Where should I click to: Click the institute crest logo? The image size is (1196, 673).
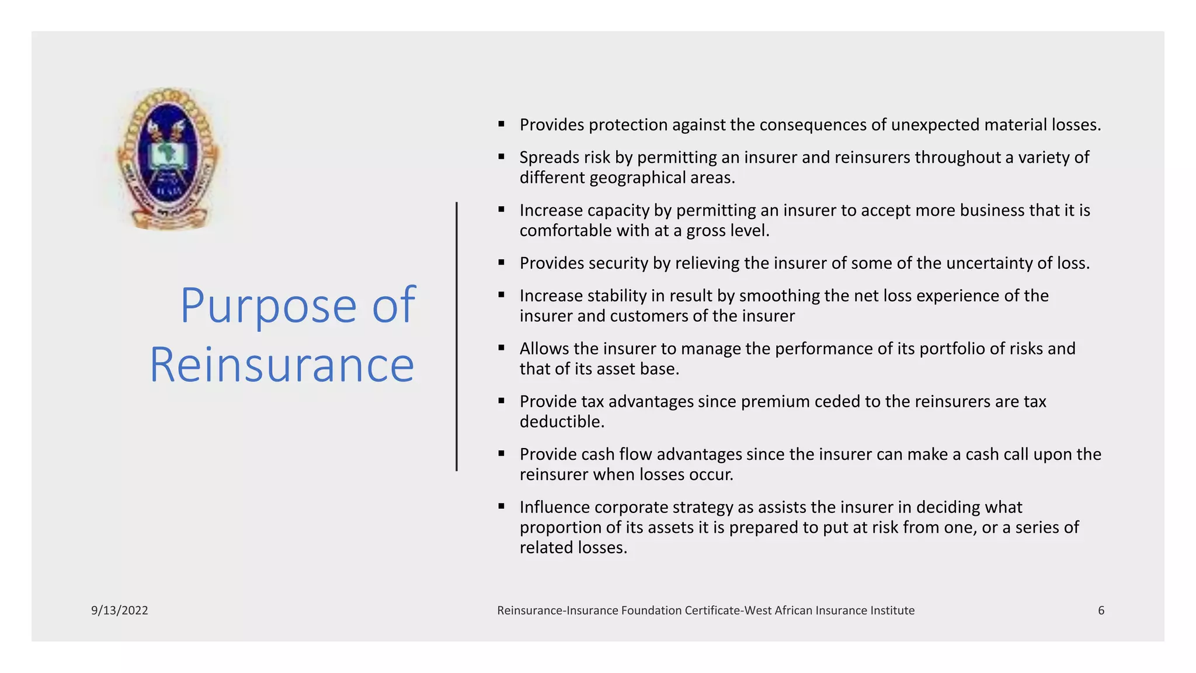[168, 159]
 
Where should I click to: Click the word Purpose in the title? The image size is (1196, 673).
[268, 305]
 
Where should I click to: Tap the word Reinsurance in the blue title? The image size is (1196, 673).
[282, 365]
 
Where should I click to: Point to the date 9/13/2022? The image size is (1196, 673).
[120, 610]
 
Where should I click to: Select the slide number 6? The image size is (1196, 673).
[1101, 610]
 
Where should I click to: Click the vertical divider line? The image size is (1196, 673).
[457, 336]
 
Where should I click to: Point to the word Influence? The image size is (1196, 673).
[554, 507]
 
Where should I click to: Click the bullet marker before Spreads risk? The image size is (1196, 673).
[501, 157]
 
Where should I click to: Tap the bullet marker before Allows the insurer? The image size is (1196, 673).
[501, 348]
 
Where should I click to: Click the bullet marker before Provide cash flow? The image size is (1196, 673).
[501, 453]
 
